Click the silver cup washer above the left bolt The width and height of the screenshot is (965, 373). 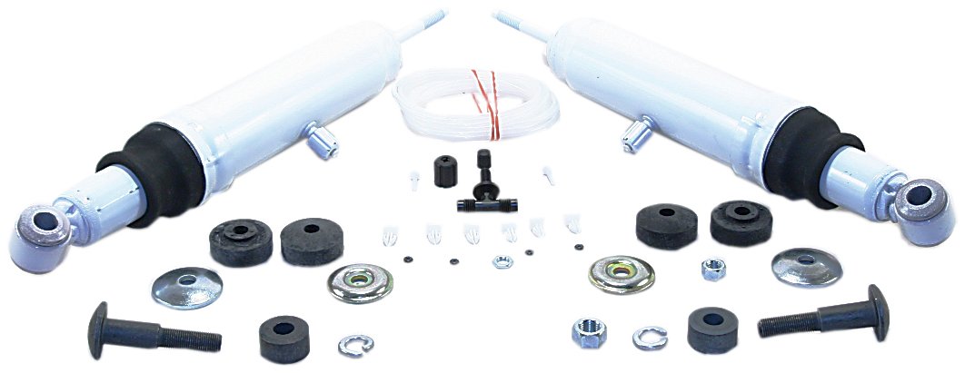point(185,287)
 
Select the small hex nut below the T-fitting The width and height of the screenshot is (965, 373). point(502,262)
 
